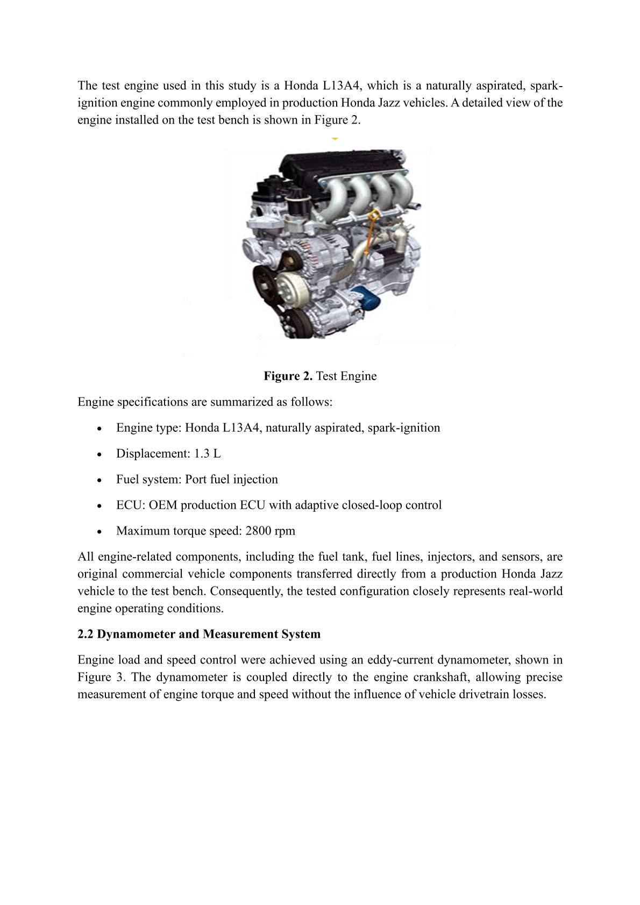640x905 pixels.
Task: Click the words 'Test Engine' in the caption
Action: [346, 376]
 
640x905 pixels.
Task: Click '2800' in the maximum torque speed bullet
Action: [258, 531]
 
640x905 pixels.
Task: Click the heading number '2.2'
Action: [86, 634]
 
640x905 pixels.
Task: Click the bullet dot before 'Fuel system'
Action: [100, 480]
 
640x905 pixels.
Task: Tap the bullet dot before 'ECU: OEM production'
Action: [100, 506]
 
